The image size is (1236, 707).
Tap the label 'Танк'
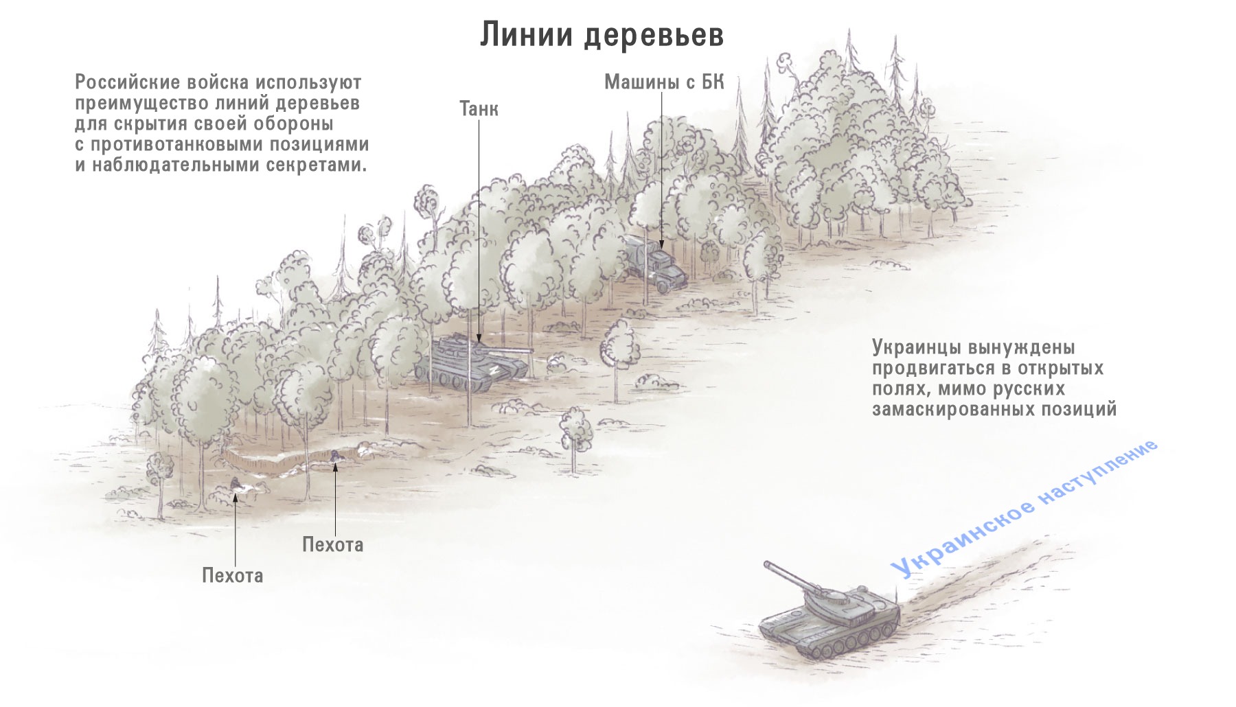(x=479, y=108)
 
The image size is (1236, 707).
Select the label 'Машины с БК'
(x=664, y=82)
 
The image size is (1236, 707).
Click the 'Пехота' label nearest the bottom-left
(x=232, y=575)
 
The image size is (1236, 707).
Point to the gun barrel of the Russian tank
(x=510, y=351)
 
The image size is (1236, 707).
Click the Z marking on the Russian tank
(x=492, y=369)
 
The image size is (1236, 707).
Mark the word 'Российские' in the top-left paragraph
(x=126, y=83)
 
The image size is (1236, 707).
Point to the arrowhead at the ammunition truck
(x=662, y=243)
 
